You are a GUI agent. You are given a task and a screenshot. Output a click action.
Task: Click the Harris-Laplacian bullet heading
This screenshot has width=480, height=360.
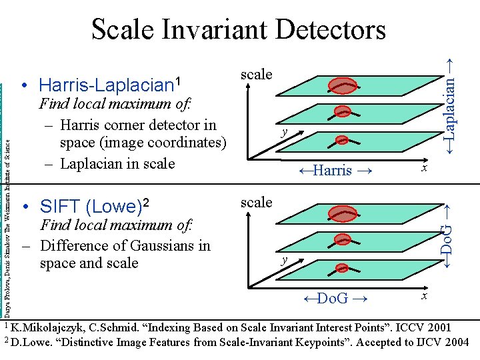[x=110, y=85]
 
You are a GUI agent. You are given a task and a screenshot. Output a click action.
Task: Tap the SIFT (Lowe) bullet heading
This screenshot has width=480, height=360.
[x=95, y=207]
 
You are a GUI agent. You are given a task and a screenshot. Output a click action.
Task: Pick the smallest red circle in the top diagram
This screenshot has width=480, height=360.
[x=342, y=140]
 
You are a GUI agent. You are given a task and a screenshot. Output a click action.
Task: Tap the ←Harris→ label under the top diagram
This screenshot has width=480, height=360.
[x=332, y=170]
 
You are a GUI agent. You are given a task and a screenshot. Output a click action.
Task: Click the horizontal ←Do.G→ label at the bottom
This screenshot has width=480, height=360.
[x=332, y=298]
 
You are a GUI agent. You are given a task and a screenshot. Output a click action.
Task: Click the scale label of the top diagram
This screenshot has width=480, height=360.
[x=256, y=74]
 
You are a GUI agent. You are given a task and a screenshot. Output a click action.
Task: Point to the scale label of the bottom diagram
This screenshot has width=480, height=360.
[x=256, y=201]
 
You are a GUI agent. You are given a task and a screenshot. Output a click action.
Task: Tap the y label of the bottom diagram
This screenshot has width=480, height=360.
[x=284, y=260]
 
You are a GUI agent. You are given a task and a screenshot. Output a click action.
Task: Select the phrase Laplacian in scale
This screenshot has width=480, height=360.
[x=117, y=163]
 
